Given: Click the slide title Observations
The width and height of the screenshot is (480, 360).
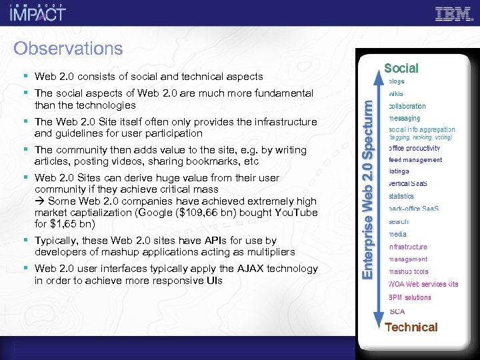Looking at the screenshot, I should tap(68, 49).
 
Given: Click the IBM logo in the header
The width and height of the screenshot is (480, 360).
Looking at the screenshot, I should tap(453, 14).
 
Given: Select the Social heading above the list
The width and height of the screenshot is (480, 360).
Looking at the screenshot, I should tap(401, 68).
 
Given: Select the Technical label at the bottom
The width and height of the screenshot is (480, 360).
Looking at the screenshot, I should tap(411, 327).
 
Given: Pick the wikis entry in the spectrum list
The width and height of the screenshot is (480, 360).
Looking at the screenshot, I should tap(396, 94).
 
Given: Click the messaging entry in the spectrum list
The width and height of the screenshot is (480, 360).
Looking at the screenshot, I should tap(406, 118).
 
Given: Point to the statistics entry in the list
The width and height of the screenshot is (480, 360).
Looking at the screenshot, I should tap(401, 197).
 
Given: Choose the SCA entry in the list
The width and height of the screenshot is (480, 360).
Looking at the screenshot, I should tap(397, 311).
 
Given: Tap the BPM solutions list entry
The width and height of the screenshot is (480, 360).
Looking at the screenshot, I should tap(409, 297).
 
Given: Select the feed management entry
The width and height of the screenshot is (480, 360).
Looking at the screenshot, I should tap(415, 160).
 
